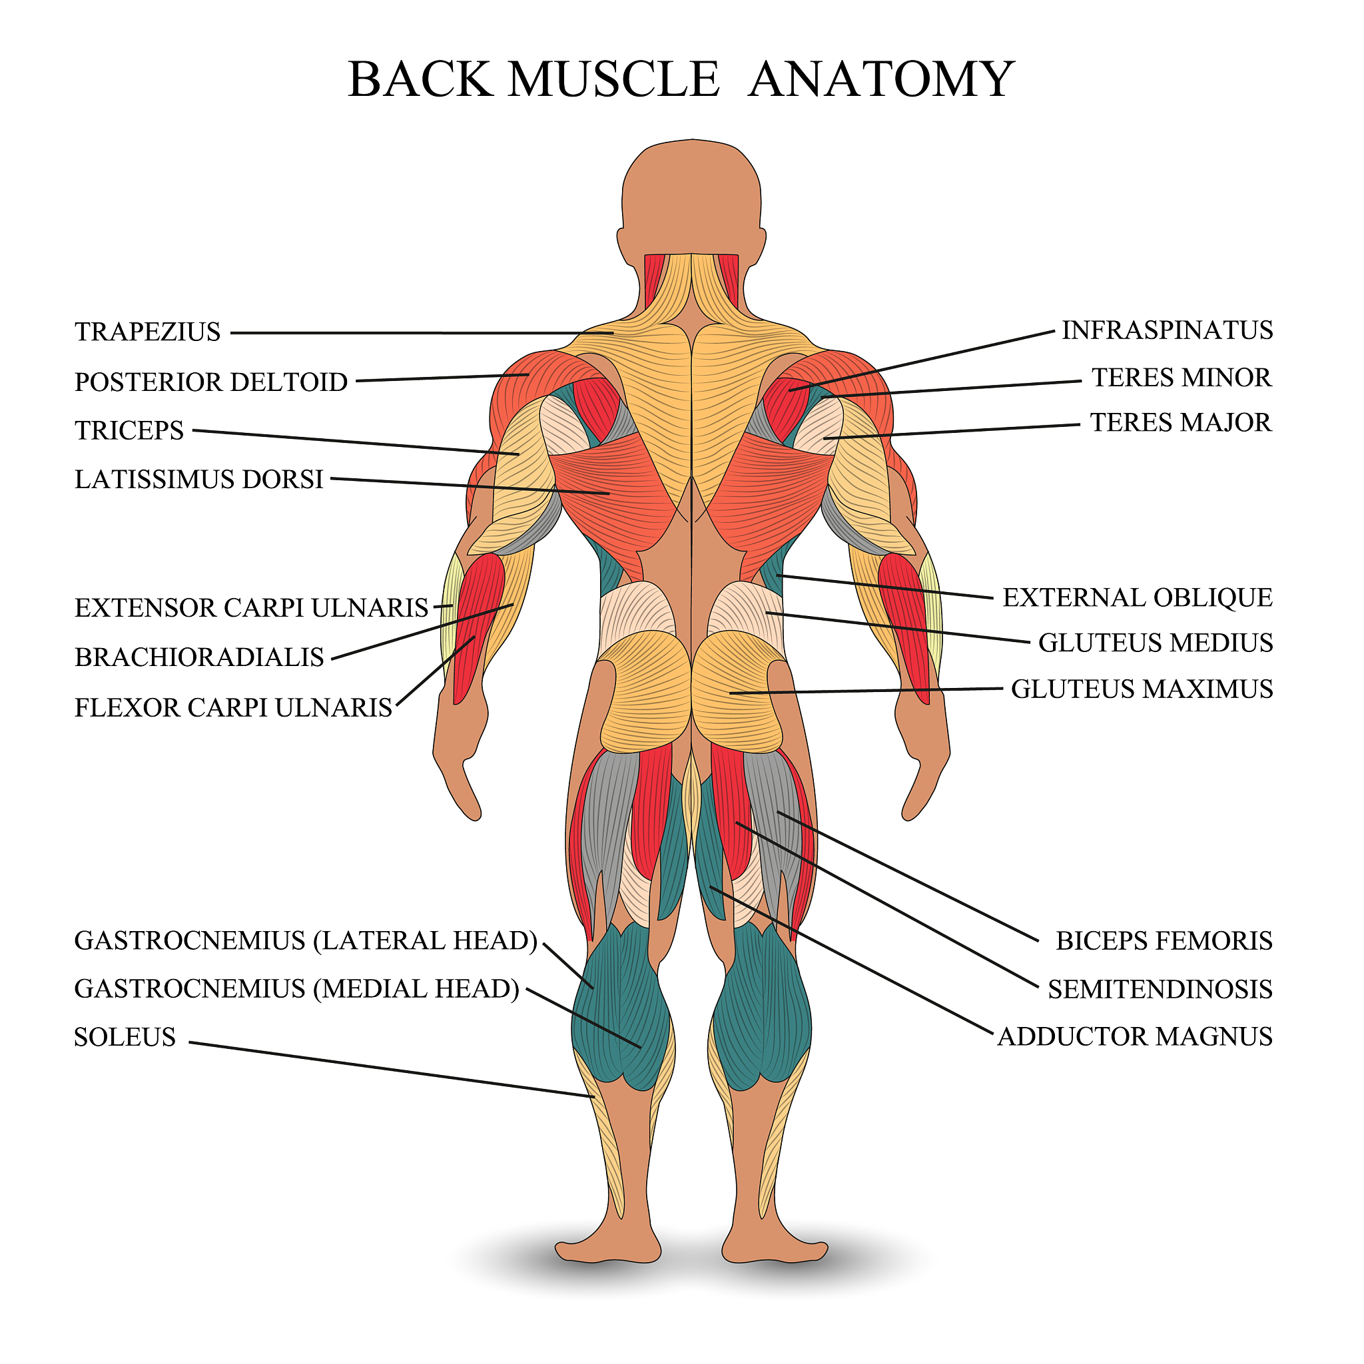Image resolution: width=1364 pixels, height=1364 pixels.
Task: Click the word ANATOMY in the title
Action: [x=881, y=79]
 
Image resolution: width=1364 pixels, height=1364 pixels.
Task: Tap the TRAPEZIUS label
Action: [x=148, y=332]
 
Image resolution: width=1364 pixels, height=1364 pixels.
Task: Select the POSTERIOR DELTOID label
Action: [x=211, y=382]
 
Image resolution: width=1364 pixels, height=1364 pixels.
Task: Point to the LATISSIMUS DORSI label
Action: [x=198, y=480]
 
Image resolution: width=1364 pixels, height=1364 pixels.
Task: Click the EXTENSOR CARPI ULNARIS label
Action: [x=251, y=608]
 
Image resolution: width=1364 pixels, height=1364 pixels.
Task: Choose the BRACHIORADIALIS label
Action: [x=199, y=657]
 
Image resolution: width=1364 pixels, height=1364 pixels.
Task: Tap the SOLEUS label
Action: [x=125, y=1037]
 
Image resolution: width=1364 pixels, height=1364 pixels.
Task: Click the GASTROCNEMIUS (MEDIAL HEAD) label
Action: [x=296, y=989]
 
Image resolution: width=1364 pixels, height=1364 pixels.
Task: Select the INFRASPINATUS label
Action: [x=1167, y=330]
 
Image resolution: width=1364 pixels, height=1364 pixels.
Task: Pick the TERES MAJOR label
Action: [x=1180, y=423]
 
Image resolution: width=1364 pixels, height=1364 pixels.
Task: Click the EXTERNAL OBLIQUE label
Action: [x=1138, y=598]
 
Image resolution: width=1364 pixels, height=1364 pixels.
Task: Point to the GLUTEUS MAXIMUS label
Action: [x=1142, y=689]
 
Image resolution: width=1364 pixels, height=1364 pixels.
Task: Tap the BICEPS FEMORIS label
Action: [x=1164, y=941]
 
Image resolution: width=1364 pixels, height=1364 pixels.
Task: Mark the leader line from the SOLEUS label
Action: [x=388, y=1069]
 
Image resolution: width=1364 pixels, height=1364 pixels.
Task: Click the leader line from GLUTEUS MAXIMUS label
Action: [x=868, y=691]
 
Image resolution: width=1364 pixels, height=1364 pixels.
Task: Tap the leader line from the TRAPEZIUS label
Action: [x=424, y=333]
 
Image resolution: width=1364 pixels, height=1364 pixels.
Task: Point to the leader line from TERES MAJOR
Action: [x=953, y=432]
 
